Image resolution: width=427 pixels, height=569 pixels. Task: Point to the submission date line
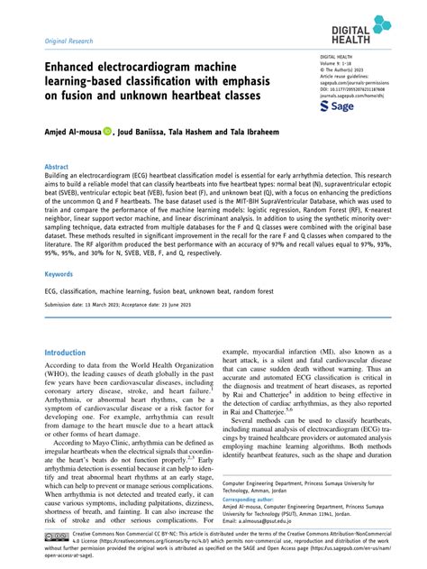point(135,305)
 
